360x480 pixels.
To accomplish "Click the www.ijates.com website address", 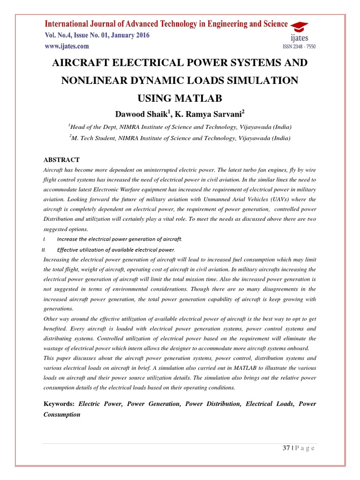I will click(x=67, y=46).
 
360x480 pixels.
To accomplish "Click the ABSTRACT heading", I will click(x=61, y=160).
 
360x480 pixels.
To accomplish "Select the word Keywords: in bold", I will click(x=59, y=404).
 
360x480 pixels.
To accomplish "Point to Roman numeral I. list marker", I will click(x=44, y=239).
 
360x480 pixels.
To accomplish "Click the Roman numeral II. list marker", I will click(x=45, y=249).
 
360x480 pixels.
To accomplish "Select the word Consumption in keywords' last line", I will click(x=62, y=414).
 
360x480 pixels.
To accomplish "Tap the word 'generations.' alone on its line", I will click(x=58, y=308).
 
